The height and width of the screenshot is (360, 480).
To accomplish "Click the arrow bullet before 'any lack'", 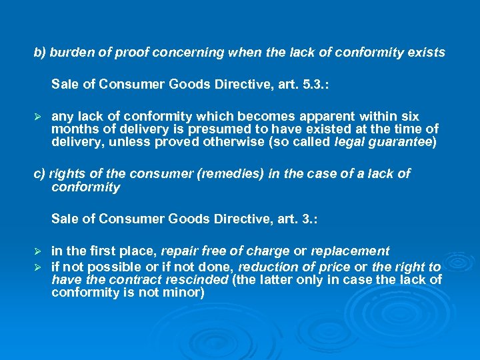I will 38,117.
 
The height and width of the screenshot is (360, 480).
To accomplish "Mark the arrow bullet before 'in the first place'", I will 38,252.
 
